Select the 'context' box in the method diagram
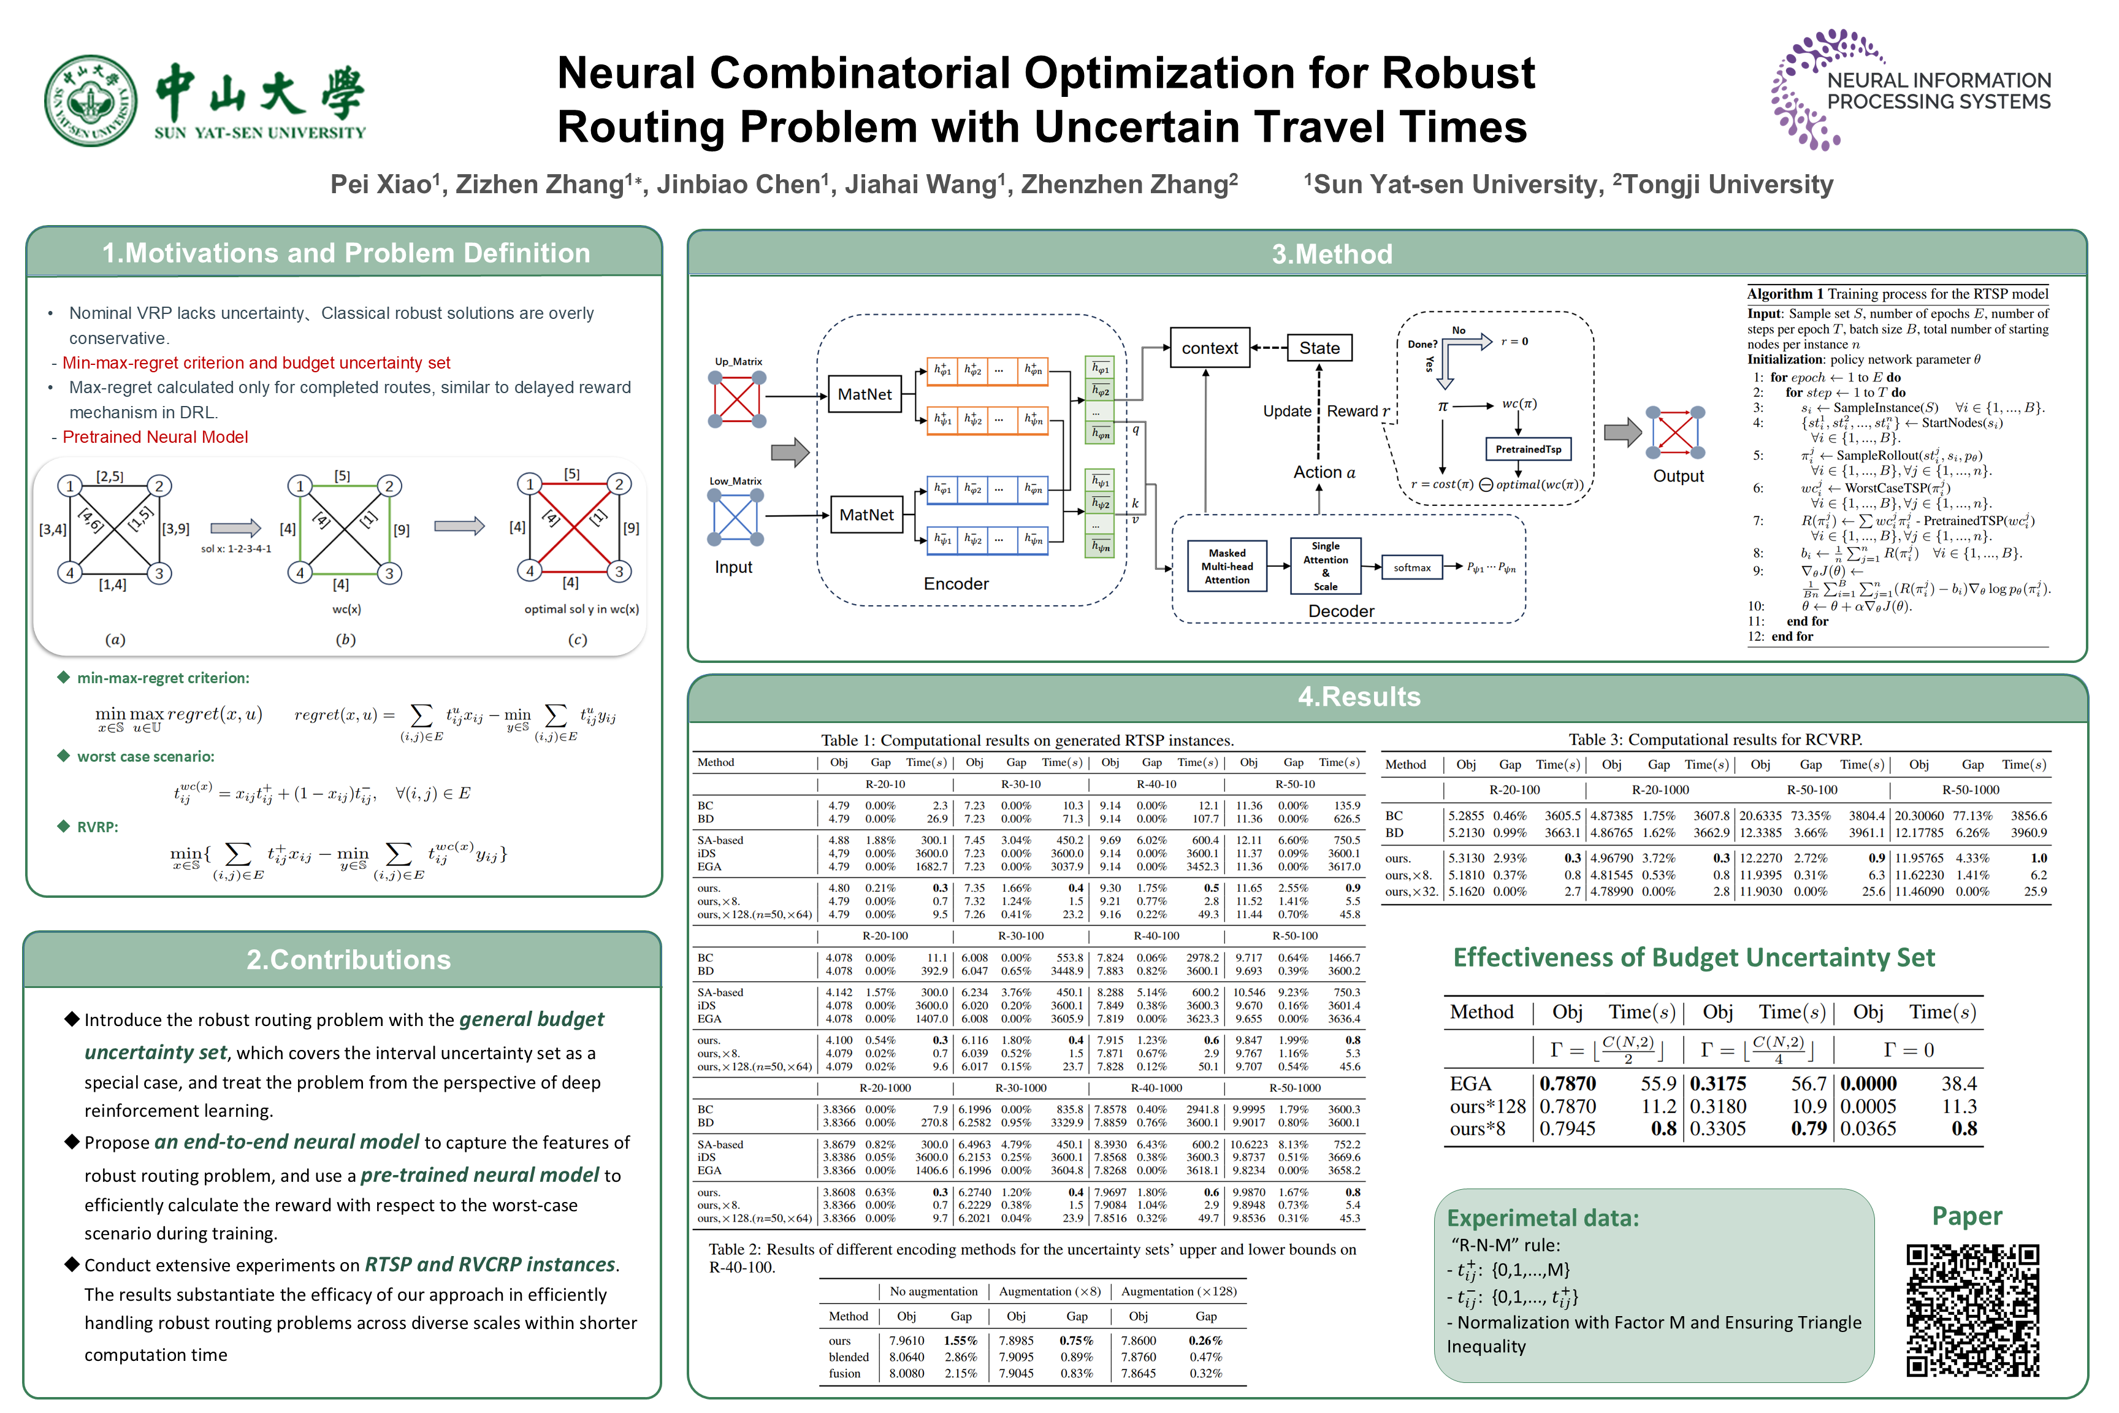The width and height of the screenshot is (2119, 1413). (x=1209, y=348)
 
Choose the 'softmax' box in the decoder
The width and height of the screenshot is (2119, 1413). (x=1412, y=568)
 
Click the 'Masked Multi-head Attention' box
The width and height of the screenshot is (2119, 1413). (x=1227, y=567)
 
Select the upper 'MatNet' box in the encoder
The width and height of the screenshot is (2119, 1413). (x=865, y=394)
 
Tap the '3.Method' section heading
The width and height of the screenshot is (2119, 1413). (x=1332, y=254)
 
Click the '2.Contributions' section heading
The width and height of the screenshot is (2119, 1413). (x=349, y=960)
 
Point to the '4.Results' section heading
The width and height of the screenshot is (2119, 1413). (x=1359, y=697)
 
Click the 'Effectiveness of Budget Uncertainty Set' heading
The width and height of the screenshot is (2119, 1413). (x=1693, y=957)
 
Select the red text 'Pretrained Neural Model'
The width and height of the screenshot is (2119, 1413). (x=155, y=437)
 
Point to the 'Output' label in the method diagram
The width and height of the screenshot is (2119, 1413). (x=1678, y=476)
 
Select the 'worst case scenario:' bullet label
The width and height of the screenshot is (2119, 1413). (x=145, y=756)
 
